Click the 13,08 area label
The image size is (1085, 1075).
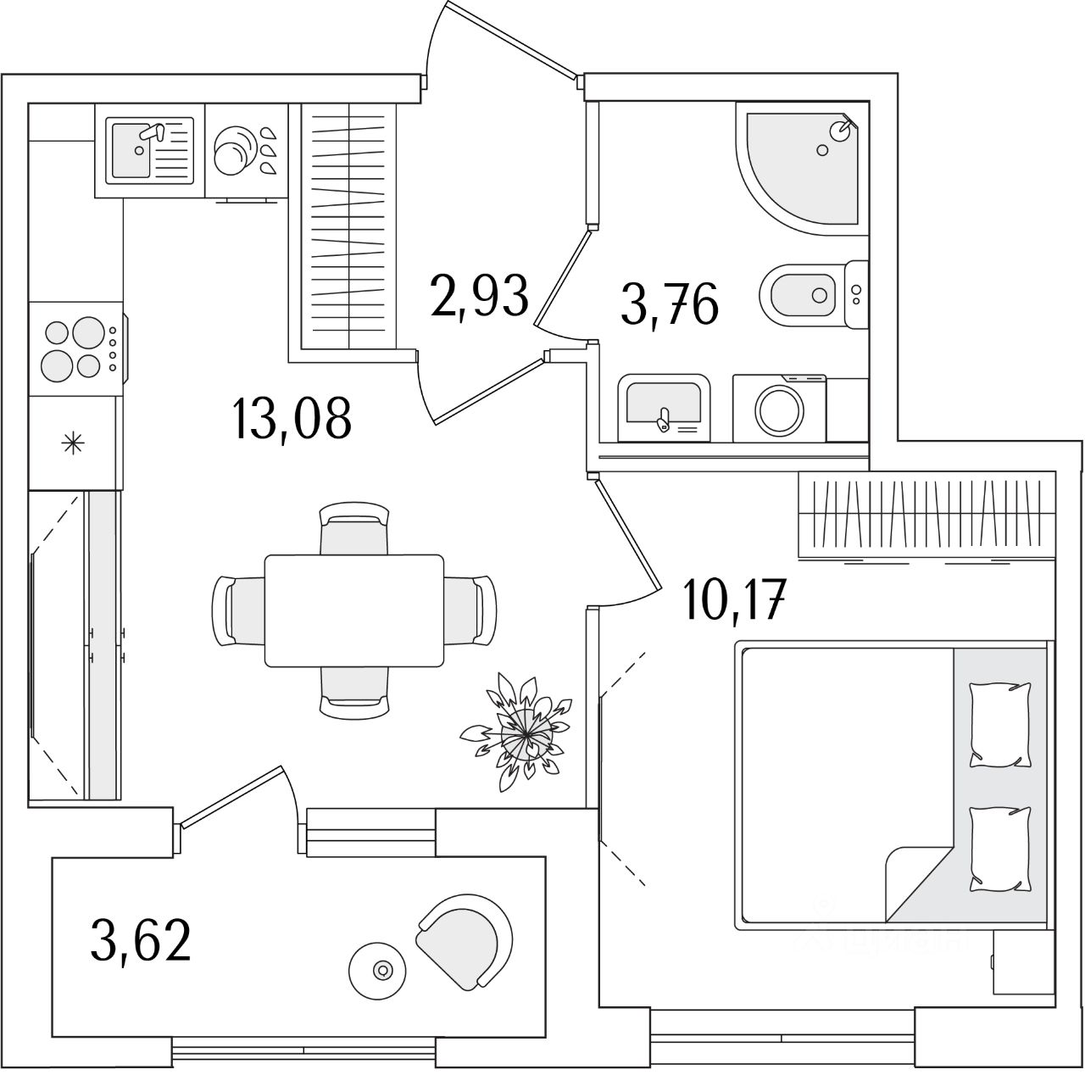pyautogui.click(x=291, y=418)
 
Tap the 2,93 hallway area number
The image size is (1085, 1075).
pyautogui.click(x=480, y=294)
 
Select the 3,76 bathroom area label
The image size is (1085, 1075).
pyautogui.click(x=670, y=304)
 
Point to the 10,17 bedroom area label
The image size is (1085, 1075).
pyautogui.click(x=737, y=600)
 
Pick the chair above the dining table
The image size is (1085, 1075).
pyautogui.click(x=354, y=530)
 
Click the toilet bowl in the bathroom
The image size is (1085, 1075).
pyautogui.click(x=802, y=295)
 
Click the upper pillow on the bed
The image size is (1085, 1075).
pyautogui.click(x=1000, y=725)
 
